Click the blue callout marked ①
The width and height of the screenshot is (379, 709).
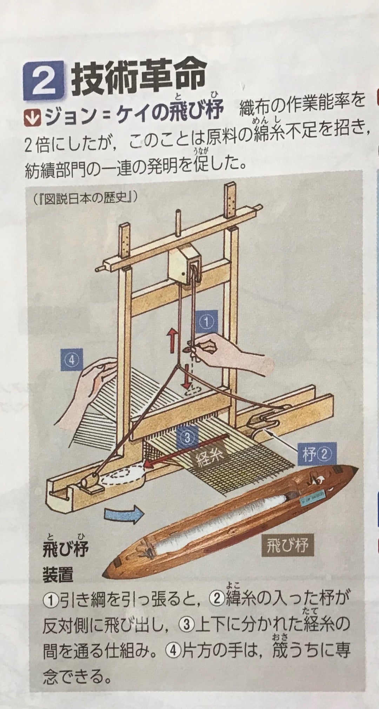coord(207,322)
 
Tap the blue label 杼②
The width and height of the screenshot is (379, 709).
coord(313,455)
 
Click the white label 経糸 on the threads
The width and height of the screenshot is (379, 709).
coord(208,457)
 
